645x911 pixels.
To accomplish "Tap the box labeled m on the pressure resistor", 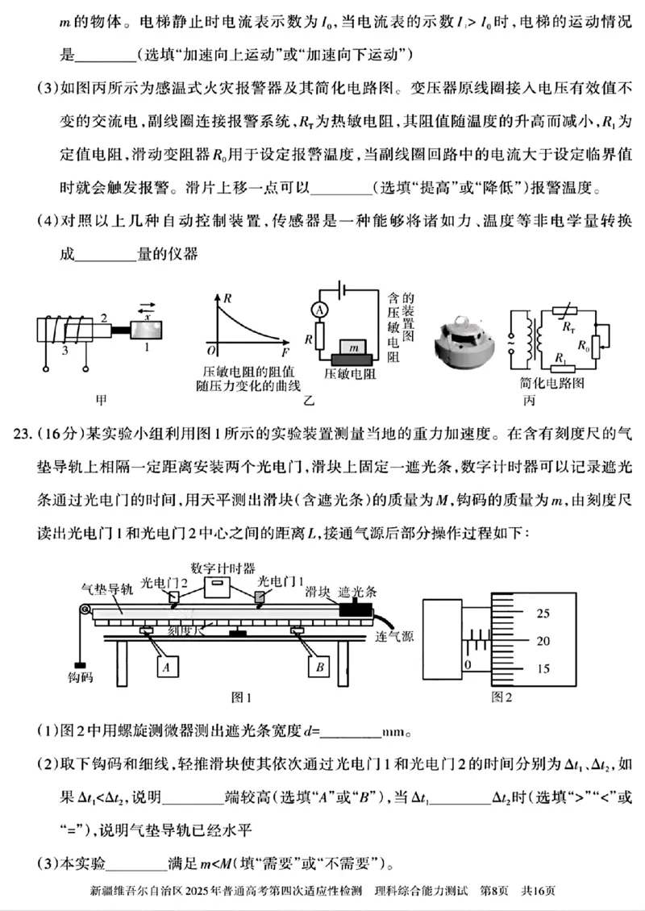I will point(352,346).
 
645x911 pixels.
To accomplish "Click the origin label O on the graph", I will point(210,352).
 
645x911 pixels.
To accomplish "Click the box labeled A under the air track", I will point(164,668).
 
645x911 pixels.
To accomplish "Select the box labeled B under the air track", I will point(319,668).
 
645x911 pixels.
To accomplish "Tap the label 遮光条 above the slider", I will point(357,591).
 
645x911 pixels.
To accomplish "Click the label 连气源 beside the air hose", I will point(395,636).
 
